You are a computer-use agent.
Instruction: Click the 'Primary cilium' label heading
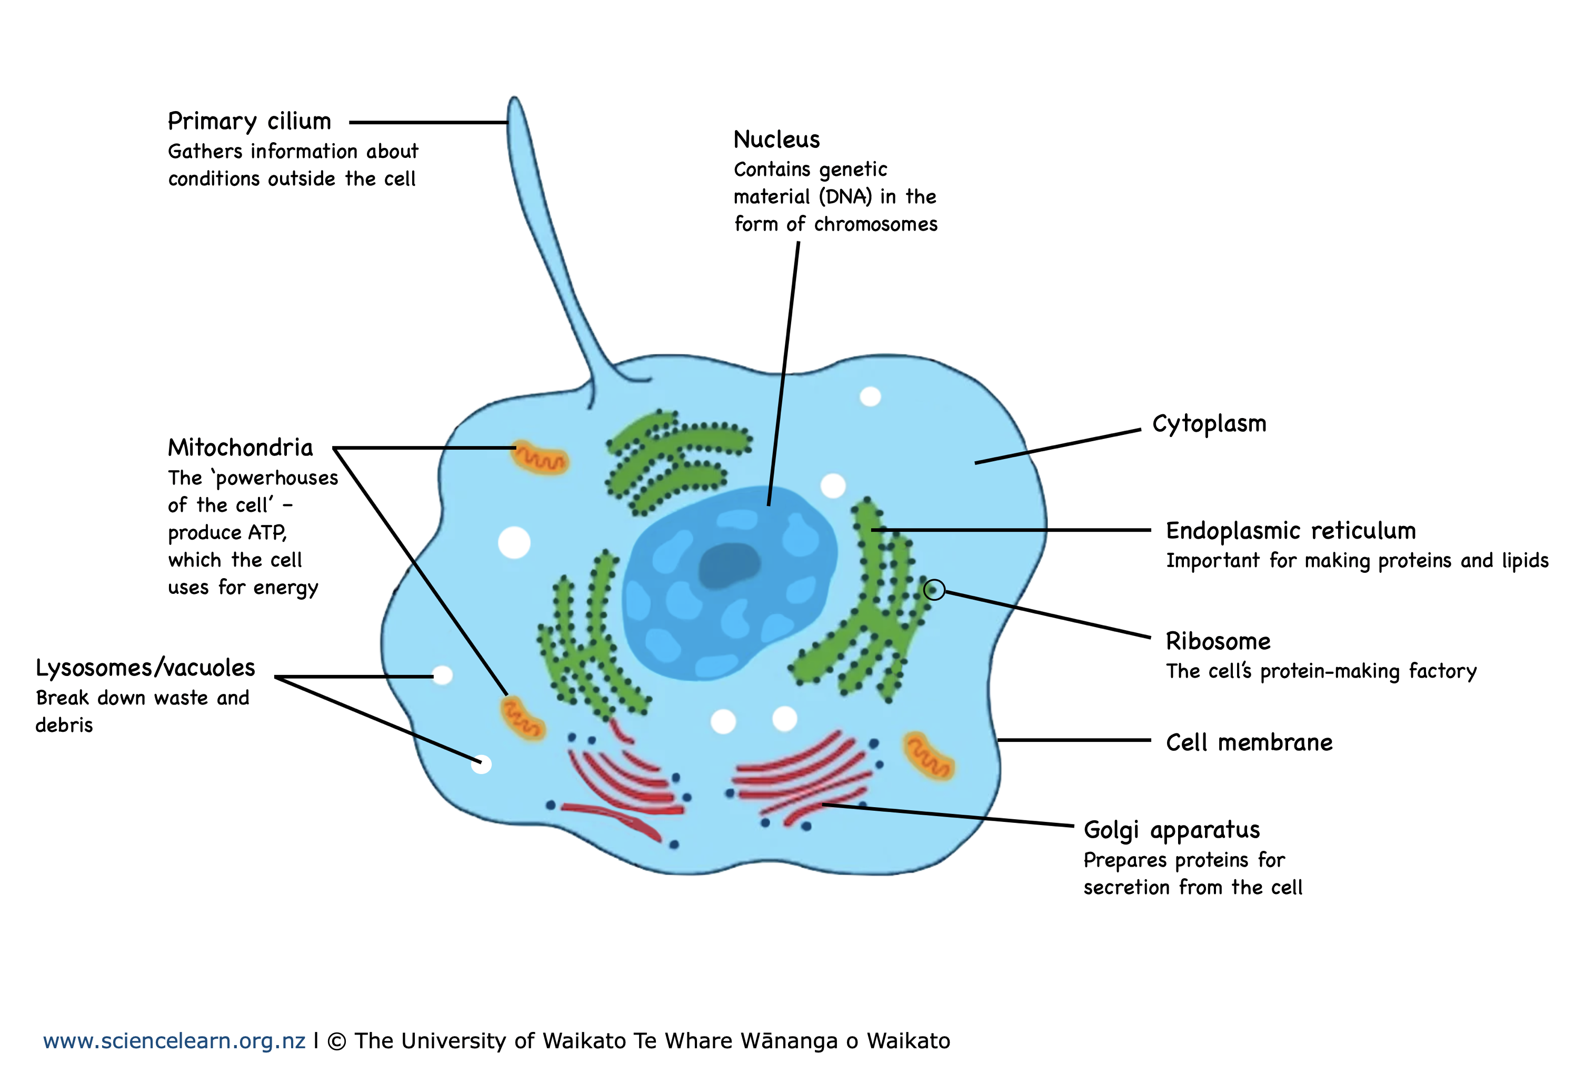(249, 122)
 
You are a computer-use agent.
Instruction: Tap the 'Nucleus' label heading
(776, 140)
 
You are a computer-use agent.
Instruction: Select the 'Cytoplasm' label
(1209, 424)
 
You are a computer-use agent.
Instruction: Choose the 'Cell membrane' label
(1249, 742)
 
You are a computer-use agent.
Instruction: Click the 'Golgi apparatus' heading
(1171, 830)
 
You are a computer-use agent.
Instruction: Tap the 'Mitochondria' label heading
(240, 448)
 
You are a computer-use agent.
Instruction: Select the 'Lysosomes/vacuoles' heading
(145, 668)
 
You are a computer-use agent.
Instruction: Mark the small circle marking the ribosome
(933, 589)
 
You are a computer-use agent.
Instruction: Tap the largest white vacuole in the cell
(514, 543)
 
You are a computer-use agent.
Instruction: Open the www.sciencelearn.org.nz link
(174, 1041)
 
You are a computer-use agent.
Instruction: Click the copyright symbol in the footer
(336, 1041)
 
